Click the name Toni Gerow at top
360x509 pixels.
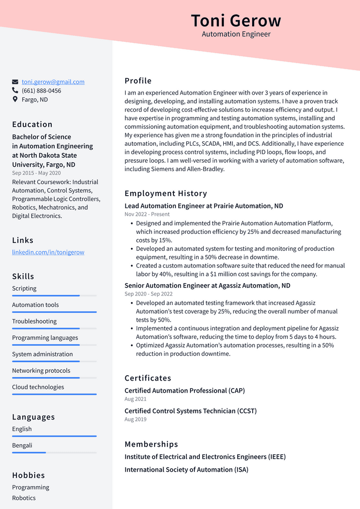(x=236, y=21)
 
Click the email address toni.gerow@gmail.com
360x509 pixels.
(x=53, y=82)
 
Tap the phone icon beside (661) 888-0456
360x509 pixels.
(x=15, y=91)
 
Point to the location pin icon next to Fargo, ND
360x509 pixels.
(x=15, y=100)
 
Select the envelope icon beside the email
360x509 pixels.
(x=15, y=82)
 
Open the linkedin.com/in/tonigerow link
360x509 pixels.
(x=48, y=252)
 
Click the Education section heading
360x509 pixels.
(x=32, y=124)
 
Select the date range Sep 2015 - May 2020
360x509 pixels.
(x=36, y=173)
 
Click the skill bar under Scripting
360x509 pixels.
(x=54, y=296)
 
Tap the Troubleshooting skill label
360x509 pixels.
(x=34, y=321)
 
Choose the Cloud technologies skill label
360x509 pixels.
(x=38, y=387)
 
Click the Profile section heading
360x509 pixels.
(x=138, y=81)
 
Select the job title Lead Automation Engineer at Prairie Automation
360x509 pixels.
(x=204, y=206)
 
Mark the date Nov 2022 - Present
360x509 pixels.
(x=147, y=214)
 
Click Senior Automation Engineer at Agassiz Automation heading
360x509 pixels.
(x=207, y=286)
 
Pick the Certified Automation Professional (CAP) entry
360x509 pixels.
(x=184, y=391)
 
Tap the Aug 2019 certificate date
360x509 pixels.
(x=135, y=419)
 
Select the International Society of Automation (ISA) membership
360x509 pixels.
(x=186, y=470)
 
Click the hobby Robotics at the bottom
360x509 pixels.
(x=24, y=498)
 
